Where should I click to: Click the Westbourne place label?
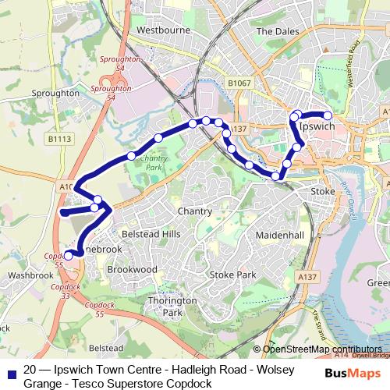pos(163,31)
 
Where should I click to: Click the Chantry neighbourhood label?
pos(194,211)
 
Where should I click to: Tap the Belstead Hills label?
pos(150,234)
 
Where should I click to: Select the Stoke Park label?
pos(232,275)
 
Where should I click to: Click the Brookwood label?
pos(132,268)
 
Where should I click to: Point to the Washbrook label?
pos(29,276)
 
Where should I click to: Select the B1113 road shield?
pos(58,140)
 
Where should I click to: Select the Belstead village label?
pos(106,347)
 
